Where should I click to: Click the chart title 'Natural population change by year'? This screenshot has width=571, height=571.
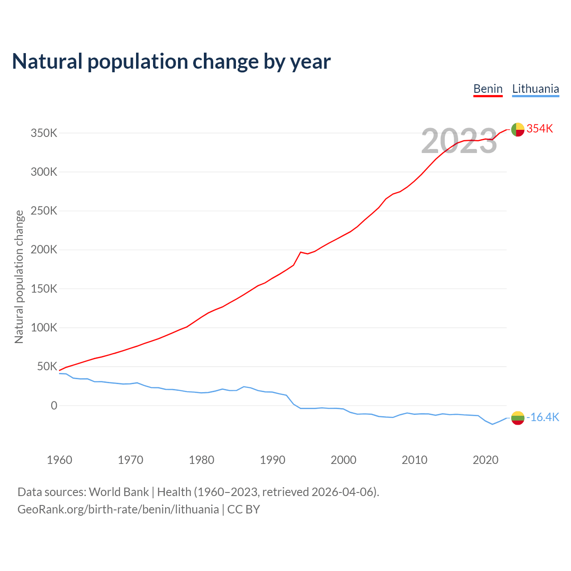point(171,62)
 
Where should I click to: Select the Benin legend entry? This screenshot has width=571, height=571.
point(488,89)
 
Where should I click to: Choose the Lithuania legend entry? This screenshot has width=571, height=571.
point(535,89)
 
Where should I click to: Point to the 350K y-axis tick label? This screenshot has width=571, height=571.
point(44,133)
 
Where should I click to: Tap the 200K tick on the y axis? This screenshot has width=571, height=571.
point(44,250)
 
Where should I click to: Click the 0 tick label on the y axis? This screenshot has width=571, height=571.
point(54,405)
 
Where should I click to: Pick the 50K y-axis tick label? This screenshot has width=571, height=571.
point(47,367)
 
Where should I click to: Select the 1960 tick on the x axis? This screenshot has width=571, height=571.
point(59,460)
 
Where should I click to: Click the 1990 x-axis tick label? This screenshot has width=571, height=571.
point(272,460)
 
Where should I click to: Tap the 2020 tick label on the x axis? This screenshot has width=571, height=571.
point(485,460)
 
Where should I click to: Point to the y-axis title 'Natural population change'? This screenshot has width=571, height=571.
point(19,277)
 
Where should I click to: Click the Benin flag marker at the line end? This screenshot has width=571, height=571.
point(517,129)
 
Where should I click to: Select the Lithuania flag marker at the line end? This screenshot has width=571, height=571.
point(517,418)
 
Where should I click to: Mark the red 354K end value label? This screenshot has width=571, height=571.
point(540,129)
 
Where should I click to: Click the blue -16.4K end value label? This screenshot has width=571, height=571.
point(543,418)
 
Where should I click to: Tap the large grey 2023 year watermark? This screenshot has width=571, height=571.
point(459,141)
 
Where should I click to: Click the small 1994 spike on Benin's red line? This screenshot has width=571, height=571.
point(301,252)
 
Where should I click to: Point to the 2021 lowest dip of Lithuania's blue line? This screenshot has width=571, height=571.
point(492,424)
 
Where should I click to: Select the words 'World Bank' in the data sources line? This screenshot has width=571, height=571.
point(119,492)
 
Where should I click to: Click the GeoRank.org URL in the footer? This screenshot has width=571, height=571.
point(118,509)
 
